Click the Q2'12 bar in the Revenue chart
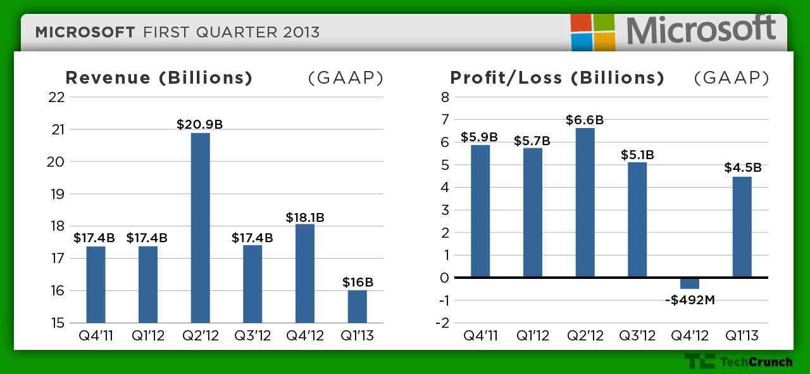200,228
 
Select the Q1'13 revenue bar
357,307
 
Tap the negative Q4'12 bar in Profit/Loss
690,283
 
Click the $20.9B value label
200,124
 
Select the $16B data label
358,282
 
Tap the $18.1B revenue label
304,217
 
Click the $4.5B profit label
742,168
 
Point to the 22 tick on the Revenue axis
56,97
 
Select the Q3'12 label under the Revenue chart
252,335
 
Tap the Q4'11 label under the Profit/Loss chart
481,335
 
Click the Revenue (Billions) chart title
159,78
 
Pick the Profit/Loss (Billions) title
557,78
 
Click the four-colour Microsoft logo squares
593,32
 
